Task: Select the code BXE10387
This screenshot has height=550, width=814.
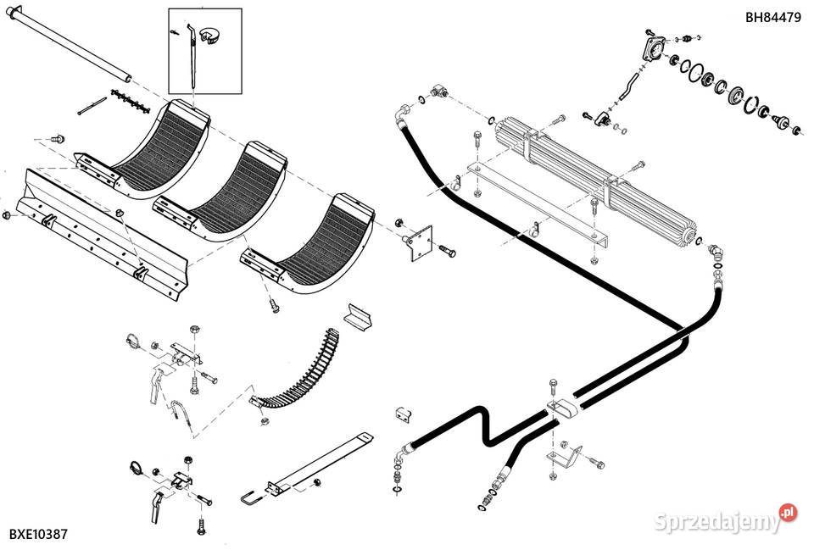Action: (x=38, y=534)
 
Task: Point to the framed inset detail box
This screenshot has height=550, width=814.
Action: (x=204, y=50)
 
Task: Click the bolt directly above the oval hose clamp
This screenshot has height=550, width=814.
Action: (x=553, y=386)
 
